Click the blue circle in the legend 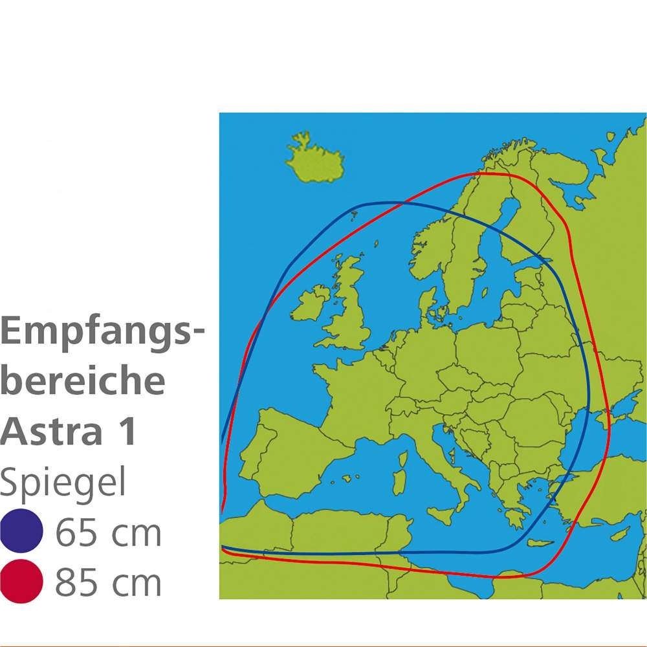click(x=22, y=531)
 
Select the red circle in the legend click(x=22, y=581)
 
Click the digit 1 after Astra click(x=127, y=430)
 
